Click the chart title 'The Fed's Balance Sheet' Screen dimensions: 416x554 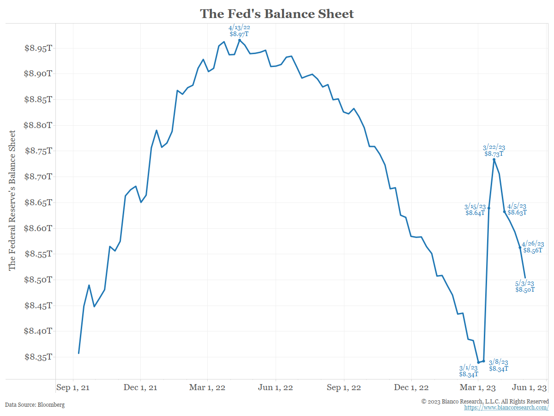point(277,14)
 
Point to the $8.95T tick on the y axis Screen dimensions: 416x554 point(38,48)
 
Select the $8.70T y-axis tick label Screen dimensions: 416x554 point(38,177)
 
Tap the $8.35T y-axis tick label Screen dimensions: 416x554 point(38,357)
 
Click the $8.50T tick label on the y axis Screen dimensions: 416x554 point(38,280)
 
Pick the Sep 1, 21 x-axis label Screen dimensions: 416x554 point(73,387)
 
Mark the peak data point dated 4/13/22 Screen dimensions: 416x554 point(240,40)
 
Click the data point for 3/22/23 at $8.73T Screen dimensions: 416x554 point(494,159)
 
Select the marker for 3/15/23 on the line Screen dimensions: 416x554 point(489,208)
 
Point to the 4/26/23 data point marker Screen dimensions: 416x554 point(520,248)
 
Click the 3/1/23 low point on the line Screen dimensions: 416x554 point(479,362)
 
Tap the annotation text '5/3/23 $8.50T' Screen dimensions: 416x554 point(525,286)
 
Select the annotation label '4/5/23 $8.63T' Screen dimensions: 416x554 point(517,209)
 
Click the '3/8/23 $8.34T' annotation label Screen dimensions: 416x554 point(499,365)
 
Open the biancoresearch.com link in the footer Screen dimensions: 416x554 point(506,408)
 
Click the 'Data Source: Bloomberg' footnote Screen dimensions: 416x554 point(35,404)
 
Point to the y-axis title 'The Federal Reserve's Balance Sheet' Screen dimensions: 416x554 point(12,200)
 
